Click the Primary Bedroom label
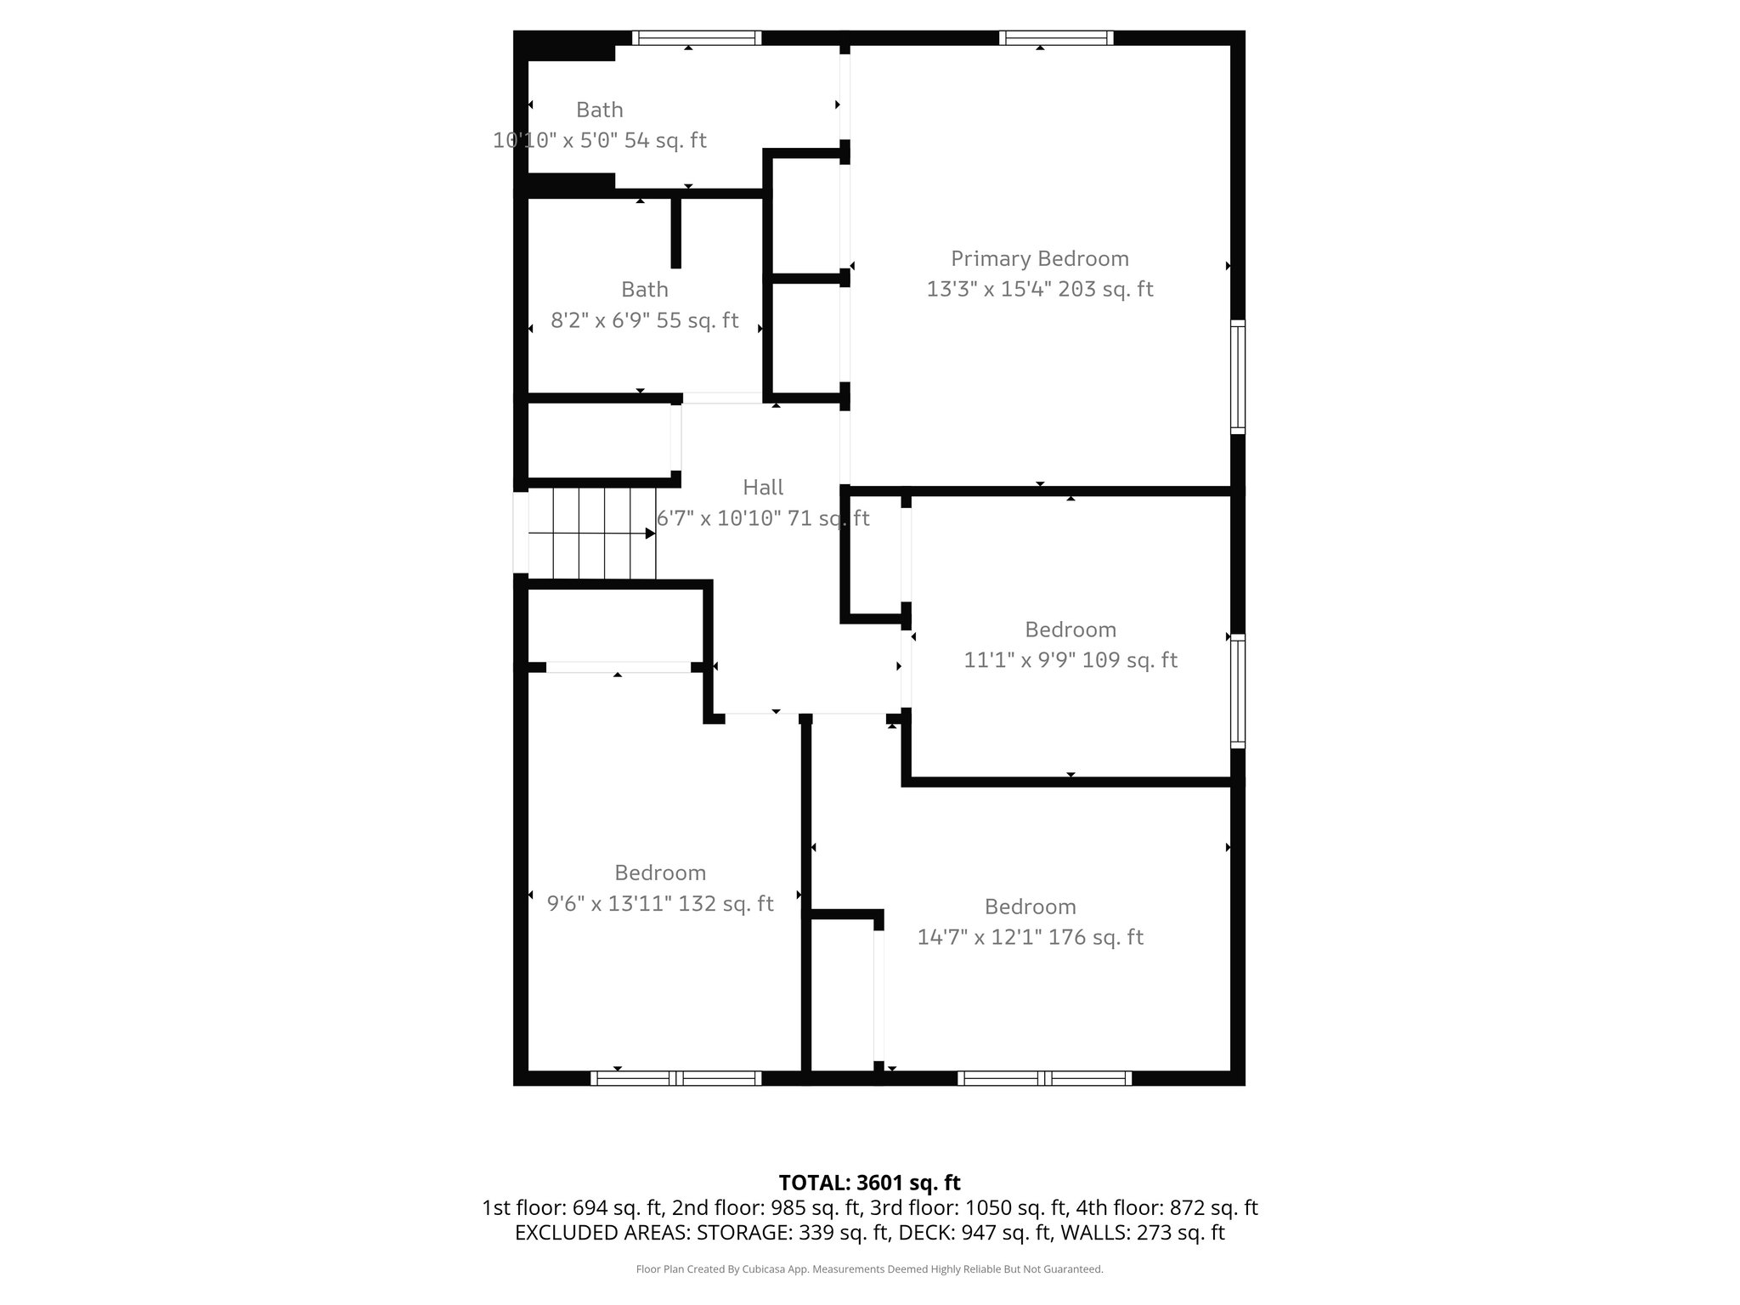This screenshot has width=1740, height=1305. click(x=1039, y=258)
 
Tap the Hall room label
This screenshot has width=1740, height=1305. click(x=763, y=487)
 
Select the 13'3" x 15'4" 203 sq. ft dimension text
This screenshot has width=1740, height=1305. click(x=1039, y=290)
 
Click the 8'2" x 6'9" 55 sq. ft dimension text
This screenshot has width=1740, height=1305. click(x=645, y=321)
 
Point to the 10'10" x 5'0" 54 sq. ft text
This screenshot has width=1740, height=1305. click(x=600, y=140)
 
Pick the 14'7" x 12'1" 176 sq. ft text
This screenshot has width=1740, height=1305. click(x=1030, y=937)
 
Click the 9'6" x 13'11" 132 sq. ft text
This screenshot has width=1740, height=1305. click(x=660, y=903)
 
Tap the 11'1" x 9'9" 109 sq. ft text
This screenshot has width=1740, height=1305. click(x=1070, y=660)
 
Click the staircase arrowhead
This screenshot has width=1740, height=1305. click(x=650, y=534)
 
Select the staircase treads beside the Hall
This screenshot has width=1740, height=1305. click(x=592, y=534)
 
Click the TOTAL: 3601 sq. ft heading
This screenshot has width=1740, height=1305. click(x=869, y=1182)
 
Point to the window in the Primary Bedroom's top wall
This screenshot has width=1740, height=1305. click(x=1056, y=37)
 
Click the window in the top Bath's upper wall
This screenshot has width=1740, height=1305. click(x=697, y=37)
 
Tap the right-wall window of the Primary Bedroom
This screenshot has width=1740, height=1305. click(x=1238, y=377)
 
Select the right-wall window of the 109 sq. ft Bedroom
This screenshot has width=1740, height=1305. click(x=1238, y=692)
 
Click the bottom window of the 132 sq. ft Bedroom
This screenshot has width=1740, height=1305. click(x=676, y=1078)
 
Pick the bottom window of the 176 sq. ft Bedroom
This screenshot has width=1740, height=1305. click(x=1044, y=1078)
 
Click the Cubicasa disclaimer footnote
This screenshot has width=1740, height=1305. click(x=869, y=1269)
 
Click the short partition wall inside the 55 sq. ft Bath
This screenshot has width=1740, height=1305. click(x=676, y=233)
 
